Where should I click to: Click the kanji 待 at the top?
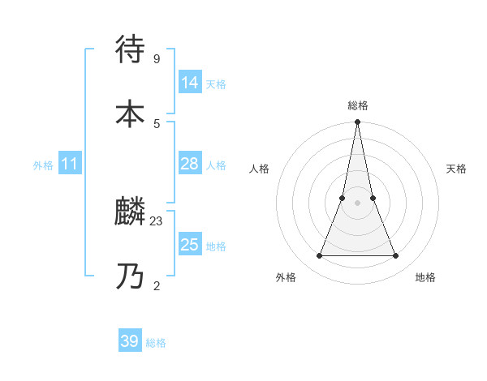[x=131, y=49]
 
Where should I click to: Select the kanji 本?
[x=131, y=113]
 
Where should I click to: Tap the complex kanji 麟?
[x=131, y=213]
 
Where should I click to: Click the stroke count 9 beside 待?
[x=156, y=59]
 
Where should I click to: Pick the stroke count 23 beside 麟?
[x=157, y=221]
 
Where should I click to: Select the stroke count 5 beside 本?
[x=156, y=123]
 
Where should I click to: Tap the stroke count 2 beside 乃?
[x=156, y=285]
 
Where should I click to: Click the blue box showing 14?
[x=190, y=82]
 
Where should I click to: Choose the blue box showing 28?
[x=189, y=164]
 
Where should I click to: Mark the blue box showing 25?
[x=189, y=244]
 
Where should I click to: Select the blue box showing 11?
[x=70, y=165]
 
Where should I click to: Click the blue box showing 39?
[x=130, y=341]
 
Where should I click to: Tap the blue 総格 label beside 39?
[x=156, y=343]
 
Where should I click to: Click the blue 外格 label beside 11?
[x=43, y=165]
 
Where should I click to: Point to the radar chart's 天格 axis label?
[x=456, y=169]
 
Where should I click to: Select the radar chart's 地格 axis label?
[x=425, y=277]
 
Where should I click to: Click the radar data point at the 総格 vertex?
[x=357, y=122]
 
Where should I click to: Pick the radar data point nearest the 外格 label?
[x=319, y=256]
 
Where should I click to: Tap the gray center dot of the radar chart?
[x=357, y=203]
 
